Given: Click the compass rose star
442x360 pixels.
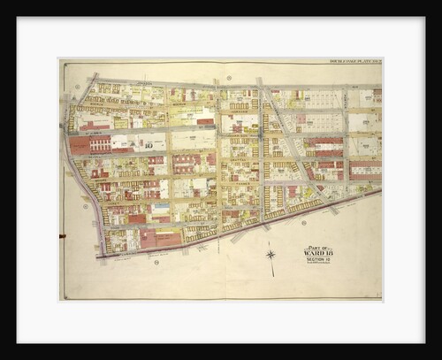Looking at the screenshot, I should tap(271, 254).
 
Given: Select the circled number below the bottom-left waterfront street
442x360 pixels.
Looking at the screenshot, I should tap(156, 262).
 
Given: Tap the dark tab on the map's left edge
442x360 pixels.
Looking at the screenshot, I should tap(61, 236).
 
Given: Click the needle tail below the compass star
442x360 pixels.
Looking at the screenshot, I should tap(271, 263).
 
